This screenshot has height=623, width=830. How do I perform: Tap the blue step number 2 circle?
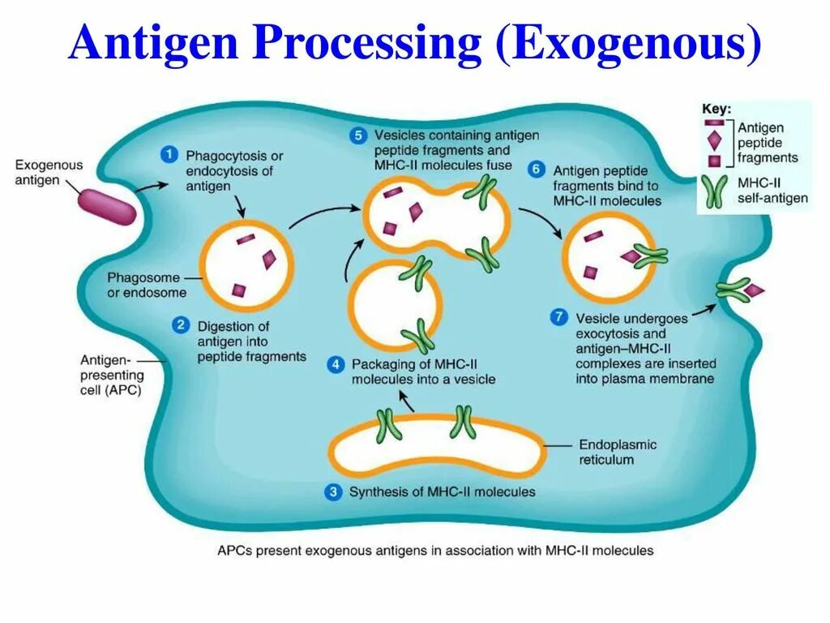180,326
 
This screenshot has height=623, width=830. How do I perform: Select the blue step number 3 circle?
333,492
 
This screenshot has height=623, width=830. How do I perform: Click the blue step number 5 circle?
357,135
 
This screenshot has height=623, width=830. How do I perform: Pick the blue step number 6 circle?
536,170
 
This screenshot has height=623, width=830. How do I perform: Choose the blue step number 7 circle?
558,317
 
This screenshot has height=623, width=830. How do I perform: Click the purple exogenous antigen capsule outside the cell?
106,206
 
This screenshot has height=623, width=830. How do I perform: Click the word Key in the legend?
717,109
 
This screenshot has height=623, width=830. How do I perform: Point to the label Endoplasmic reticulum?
618,452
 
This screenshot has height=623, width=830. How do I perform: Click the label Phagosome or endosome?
147,285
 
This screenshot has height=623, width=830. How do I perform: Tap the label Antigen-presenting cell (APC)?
112,375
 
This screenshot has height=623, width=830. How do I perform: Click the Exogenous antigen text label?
49,172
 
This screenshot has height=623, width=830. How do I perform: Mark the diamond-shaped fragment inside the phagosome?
269,259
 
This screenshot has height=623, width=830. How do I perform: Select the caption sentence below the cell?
435,551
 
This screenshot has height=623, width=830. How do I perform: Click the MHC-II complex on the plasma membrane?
734,290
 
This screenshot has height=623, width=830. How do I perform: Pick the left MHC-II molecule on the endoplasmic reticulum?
387,424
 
